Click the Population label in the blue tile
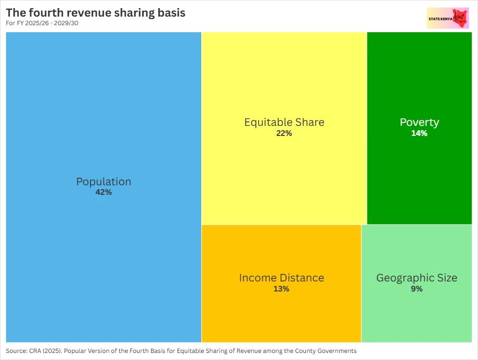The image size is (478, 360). pos(104,182)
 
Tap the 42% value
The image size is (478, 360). pos(104,192)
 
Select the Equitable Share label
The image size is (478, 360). pos(284,122)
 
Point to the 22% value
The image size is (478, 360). pos(284,133)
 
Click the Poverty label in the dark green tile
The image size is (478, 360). pos(419,122)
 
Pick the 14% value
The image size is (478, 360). pos(419,133)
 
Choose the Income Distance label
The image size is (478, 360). pos(281,278)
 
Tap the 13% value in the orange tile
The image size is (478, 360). pos(281,289)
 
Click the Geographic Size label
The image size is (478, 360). pos(417,278)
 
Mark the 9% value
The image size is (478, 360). pos(417,289)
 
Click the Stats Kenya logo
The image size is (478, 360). pos(447,18)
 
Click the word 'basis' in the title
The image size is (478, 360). pos(170,13)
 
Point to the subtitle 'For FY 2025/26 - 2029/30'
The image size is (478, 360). pos(42,23)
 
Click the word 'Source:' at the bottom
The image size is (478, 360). pos(16,351)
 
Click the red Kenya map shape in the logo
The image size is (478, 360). pos(460,18)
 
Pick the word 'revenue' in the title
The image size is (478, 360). pos(86,13)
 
